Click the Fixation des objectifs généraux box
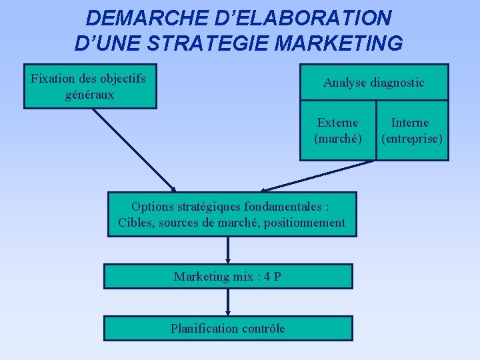pos(90,86)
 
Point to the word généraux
pos(90,95)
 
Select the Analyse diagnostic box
pos(373,83)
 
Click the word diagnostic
pos(397,83)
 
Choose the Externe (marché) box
pos(337,131)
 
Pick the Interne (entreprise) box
pos(411,131)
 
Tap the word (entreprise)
pos(411,139)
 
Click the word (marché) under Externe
pos(337,139)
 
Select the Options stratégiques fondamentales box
pos(232,215)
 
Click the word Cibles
pos(136,223)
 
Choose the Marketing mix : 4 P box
pos(228,276)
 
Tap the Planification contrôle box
pos(228,328)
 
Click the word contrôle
pos(263,328)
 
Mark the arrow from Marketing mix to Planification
pos(228,302)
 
